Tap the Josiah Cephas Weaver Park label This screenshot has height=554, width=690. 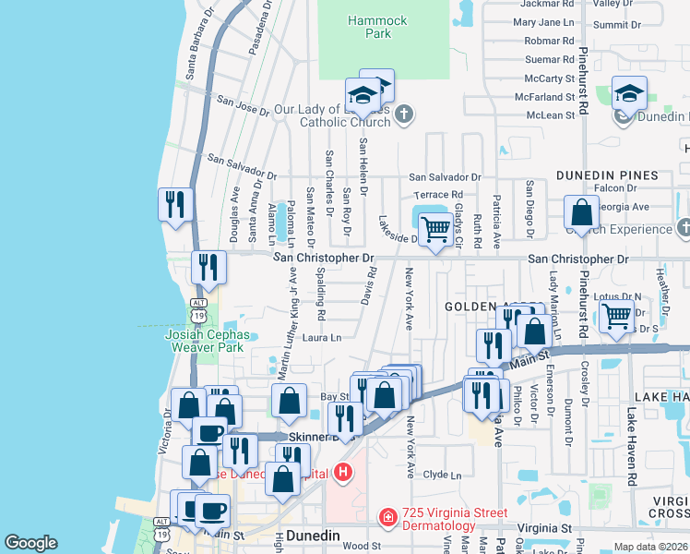point(204,341)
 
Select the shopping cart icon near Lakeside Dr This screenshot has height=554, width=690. point(434,229)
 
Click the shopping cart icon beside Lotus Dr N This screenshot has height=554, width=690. point(616,316)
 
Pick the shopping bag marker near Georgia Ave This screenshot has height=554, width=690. point(582,211)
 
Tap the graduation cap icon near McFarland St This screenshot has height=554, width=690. point(629,94)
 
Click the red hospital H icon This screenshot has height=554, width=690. point(343,474)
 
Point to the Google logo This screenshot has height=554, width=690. point(30,543)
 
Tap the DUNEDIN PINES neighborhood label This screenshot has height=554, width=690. point(606,175)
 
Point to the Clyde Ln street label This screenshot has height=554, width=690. point(441,475)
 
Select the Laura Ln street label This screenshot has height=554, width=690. point(322,338)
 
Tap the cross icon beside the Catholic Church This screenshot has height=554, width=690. point(403,114)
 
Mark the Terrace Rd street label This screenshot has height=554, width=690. point(437,195)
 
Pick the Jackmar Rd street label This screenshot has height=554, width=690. point(543,5)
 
